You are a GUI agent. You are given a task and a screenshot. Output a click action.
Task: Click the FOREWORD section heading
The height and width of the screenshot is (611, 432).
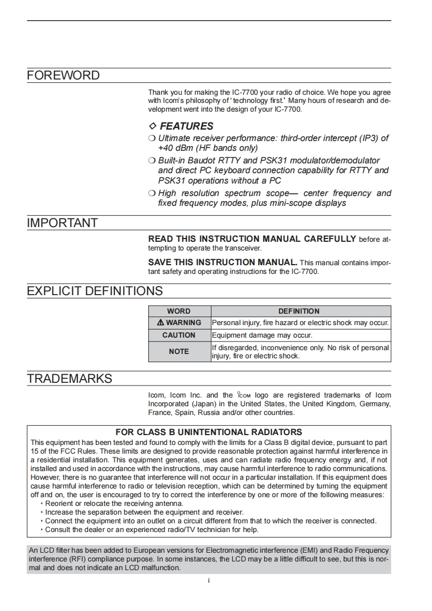point(63,76)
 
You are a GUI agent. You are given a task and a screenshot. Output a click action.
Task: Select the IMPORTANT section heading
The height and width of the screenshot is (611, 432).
point(62,223)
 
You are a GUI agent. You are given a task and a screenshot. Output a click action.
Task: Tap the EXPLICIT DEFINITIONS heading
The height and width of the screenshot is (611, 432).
point(95,291)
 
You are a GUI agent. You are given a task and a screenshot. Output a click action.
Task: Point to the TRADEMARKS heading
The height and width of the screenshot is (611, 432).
point(70,379)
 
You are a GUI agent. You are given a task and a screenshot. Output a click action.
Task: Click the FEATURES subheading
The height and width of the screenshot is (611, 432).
point(186,126)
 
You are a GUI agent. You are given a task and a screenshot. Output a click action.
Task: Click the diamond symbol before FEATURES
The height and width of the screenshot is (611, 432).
point(153,126)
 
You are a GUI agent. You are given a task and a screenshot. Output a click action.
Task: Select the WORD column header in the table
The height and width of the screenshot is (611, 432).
point(179,311)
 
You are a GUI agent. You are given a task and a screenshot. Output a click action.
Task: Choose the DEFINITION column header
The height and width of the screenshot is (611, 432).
point(299,311)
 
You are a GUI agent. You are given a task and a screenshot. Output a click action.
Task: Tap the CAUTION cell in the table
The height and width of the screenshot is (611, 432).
point(179,335)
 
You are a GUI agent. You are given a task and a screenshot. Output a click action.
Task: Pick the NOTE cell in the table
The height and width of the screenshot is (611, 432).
point(179,352)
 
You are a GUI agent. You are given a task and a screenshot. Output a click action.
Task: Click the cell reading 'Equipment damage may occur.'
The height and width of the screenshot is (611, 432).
point(262,335)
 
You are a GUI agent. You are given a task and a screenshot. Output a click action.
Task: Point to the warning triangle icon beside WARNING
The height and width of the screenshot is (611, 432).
point(160,323)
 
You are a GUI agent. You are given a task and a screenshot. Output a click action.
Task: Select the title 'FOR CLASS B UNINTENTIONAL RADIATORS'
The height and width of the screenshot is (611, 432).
point(209,432)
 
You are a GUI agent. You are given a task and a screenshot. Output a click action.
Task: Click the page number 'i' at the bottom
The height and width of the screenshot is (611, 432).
point(209,581)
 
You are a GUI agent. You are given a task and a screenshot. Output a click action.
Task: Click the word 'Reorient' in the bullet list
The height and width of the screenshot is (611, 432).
point(60,504)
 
